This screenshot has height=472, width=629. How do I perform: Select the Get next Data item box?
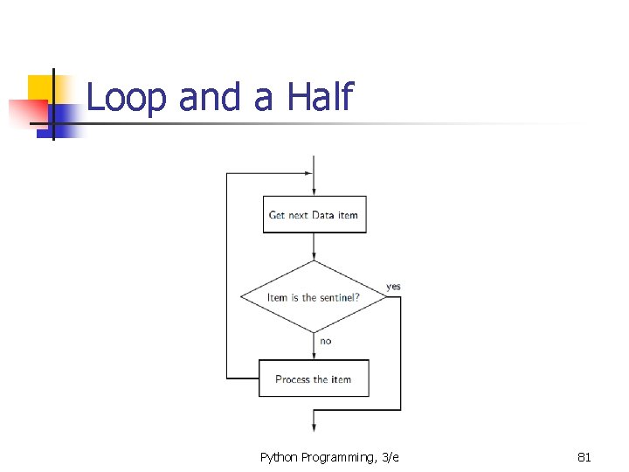coord(314,215)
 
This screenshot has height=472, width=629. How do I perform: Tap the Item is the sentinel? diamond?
coord(314,297)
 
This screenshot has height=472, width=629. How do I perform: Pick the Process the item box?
coord(314,378)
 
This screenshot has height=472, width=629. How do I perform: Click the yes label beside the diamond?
coord(393,287)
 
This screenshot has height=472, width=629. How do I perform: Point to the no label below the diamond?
coord(326,341)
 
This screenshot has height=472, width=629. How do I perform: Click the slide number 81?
coord(584,456)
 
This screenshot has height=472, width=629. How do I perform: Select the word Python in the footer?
coord(279,457)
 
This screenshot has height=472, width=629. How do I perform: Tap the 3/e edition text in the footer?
coord(390,456)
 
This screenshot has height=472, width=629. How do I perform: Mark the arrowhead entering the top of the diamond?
coord(314,255)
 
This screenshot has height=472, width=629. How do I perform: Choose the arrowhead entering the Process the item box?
coord(314,354)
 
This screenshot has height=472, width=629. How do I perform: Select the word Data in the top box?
coord(323,215)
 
